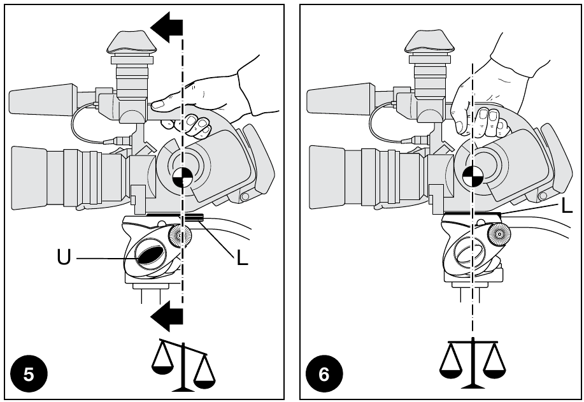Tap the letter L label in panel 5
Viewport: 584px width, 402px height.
pyautogui.click(x=241, y=258)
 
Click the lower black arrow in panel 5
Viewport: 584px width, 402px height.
pyautogui.click(x=167, y=314)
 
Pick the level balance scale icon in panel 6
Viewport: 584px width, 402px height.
pyautogui.click(x=472, y=363)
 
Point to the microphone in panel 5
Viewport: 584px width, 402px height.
pyautogui.click(x=43, y=99)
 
